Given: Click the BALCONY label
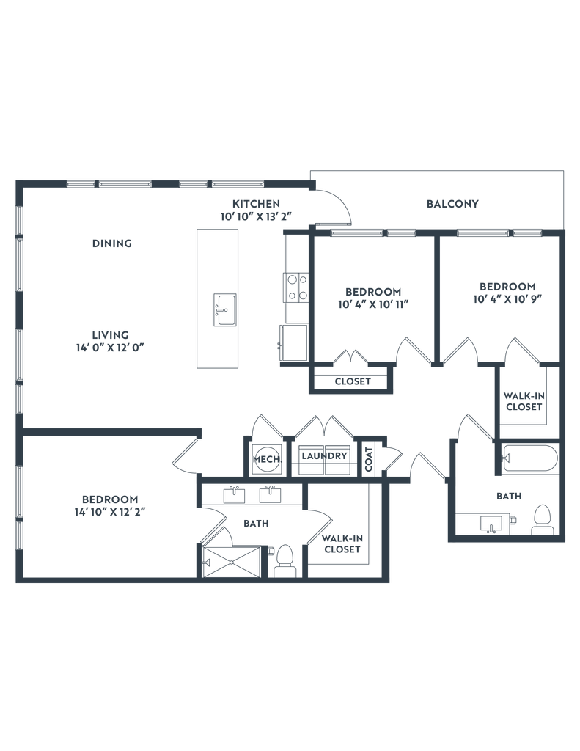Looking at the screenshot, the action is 452,204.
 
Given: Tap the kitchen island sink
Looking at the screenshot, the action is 224,310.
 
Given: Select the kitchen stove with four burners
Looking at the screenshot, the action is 296,287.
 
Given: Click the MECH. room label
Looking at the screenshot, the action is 267,459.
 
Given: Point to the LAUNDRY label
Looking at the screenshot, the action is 324,455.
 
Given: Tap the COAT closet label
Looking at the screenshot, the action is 369,459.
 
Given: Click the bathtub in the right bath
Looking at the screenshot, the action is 529,459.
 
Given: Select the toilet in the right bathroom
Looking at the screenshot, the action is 543,520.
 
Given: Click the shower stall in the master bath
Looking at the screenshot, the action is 231,562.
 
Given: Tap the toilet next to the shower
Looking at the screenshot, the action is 285,561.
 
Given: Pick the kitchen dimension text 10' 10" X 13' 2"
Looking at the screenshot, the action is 256,216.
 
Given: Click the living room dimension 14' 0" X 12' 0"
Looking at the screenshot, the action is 110,348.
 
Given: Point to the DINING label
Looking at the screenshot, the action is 112,243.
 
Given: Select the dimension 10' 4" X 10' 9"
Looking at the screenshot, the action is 507,299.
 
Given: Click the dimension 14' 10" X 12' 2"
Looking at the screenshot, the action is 110,512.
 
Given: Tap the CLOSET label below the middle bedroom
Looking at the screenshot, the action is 353,381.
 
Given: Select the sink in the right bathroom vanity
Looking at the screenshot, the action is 492,524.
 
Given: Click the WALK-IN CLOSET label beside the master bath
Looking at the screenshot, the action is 342,544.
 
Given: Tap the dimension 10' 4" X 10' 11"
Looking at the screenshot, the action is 373,304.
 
